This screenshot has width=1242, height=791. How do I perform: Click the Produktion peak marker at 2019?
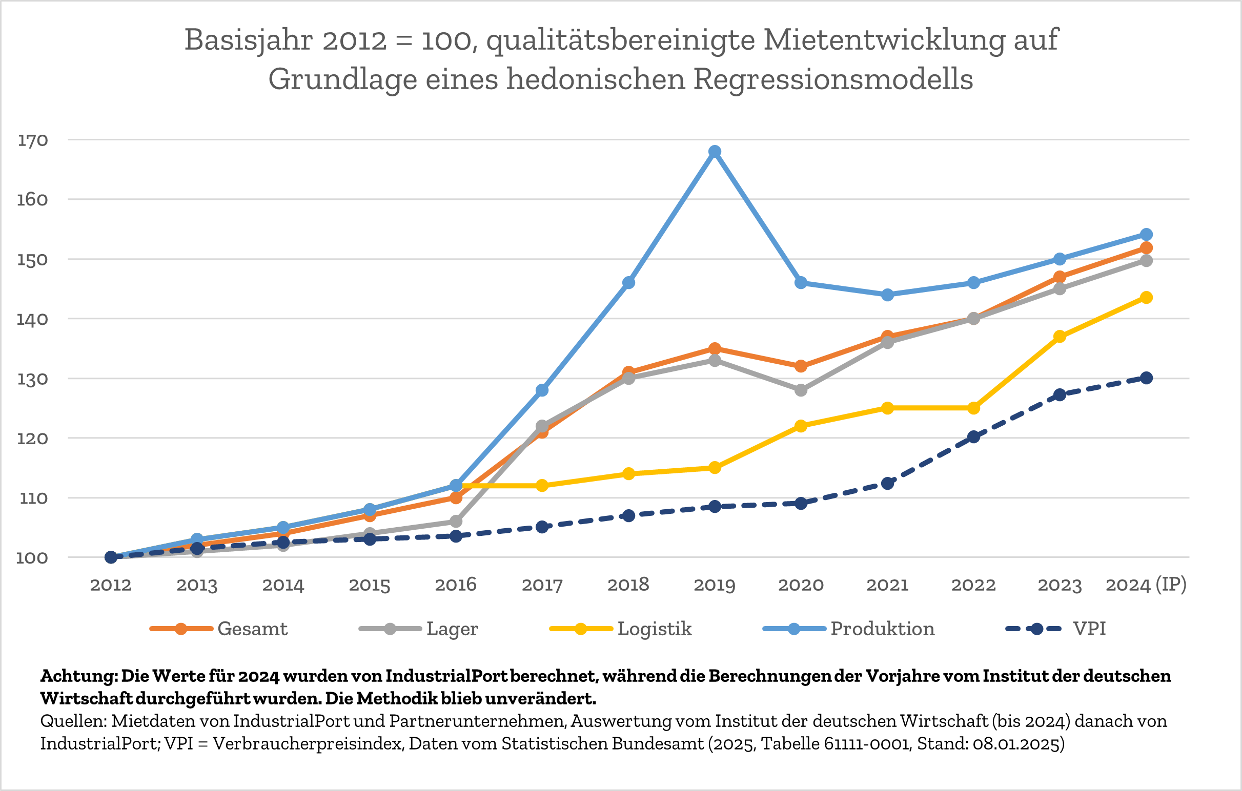point(715,152)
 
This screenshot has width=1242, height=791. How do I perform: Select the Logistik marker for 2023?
point(1060,336)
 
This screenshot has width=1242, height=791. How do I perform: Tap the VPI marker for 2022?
point(974,437)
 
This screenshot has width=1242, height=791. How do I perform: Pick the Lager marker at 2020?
point(801,390)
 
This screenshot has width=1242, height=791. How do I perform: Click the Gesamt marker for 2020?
point(801,366)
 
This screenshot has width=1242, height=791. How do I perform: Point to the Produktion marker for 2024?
point(1147,235)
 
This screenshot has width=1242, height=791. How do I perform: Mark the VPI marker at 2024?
point(1147,378)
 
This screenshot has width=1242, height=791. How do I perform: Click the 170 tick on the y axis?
point(32,140)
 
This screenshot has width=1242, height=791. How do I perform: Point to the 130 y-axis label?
point(32,379)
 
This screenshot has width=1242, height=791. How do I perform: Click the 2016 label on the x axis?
point(456,585)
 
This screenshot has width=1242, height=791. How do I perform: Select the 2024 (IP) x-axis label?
point(1146,585)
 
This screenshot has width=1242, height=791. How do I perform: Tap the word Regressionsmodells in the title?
point(833,79)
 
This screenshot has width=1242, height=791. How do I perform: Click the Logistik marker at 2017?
point(542,485)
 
